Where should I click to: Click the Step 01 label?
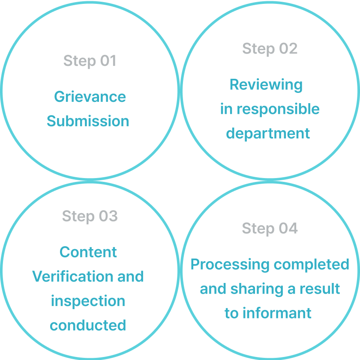pyautogui.click(x=90, y=61)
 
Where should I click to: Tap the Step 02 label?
pyautogui.click(x=270, y=49)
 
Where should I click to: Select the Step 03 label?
pyautogui.click(x=90, y=216)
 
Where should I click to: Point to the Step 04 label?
pyautogui.click(x=270, y=228)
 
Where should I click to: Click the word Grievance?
pyautogui.click(x=90, y=97)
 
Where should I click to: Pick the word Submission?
pyautogui.click(x=88, y=121)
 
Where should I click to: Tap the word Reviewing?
pyautogui.click(x=266, y=85)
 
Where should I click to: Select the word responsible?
pyautogui.click(x=278, y=109)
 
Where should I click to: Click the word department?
pyautogui.click(x=268, y=134)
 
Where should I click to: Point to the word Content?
pyautogui.click(x=88, y=252)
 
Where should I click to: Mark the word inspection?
pyautogui.click(x=88, y=301)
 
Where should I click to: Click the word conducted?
pyautogui.click(x=88, y=325)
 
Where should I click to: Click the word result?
pyautogui.click(x=319, y=289)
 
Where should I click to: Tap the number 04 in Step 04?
pyautogui.click(x=288, y=228)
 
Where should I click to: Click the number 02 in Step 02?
pyautogui.click(x=288, y=49)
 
